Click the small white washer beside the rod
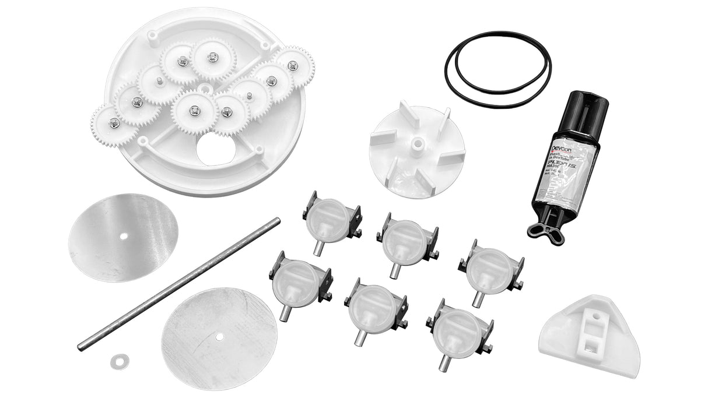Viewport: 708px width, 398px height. [119, 361]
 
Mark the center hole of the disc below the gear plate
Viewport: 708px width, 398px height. [124, 236]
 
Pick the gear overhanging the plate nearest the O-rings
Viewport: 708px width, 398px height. [293, 66]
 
